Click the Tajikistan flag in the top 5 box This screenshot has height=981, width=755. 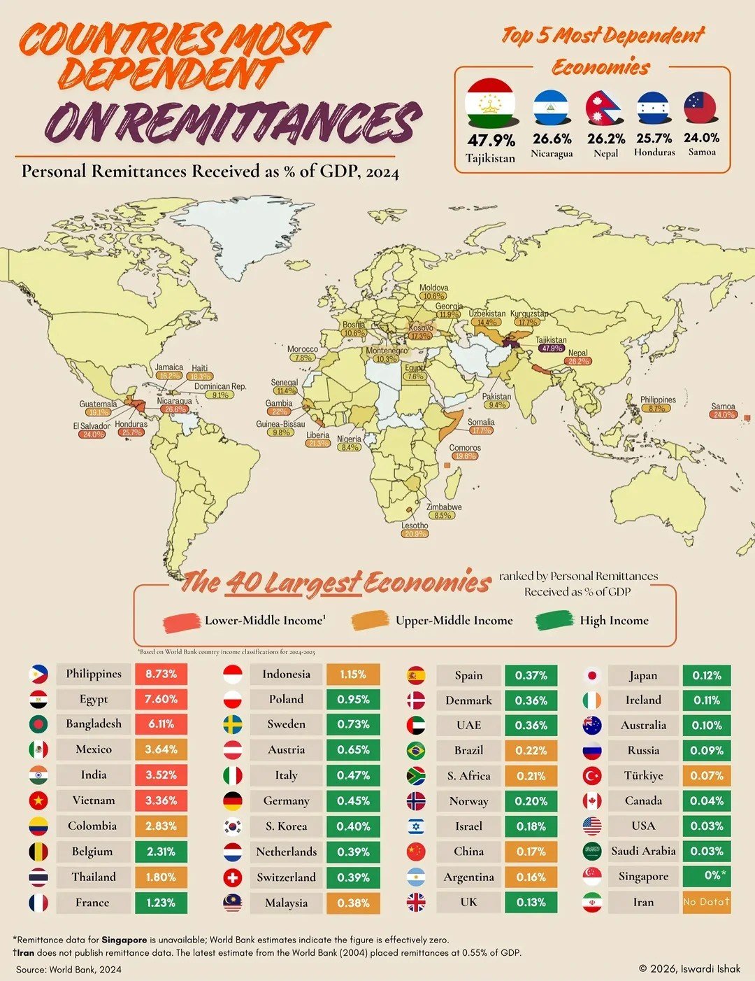tap(490, 103)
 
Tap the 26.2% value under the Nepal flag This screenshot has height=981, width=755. tap(605, 139)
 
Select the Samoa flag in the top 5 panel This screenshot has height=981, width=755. tap(700, 108)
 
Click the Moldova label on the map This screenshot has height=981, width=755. tap(433, 288)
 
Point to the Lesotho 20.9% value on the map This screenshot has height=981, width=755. tap(415, 534)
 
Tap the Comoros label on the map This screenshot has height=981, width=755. tap(465, 448)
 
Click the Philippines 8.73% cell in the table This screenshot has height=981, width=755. tap(161, 674)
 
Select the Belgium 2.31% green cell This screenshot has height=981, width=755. tap(161, 852)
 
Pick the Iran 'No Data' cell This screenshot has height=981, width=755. tap(706, 902)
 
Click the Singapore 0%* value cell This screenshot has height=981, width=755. tap(706, 876)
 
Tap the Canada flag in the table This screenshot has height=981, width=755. tap(592, 800)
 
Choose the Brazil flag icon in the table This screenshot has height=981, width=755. tap(416, 750)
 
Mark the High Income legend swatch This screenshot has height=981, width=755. tap(555, 621)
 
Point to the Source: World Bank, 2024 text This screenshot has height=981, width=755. tap(69, 969)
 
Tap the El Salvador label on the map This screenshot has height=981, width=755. tap(92, 425)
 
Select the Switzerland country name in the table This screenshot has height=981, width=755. tap(286, 877)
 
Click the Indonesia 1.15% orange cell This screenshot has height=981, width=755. tap(353, 675)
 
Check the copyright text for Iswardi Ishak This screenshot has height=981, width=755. tap(689, 968)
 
